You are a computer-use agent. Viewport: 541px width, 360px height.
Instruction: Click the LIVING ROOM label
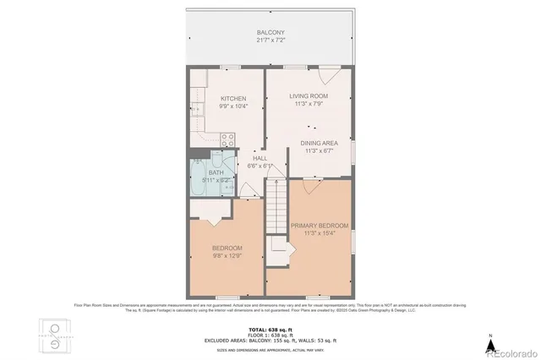tap(308, 96)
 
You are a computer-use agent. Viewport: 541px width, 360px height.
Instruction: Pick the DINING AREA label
tap(319, 143)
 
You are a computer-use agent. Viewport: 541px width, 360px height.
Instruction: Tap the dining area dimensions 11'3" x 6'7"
tap(319, 152)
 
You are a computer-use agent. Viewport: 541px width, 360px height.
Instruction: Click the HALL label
tap(260, 158)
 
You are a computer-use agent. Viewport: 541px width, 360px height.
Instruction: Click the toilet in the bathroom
tap(218, 163)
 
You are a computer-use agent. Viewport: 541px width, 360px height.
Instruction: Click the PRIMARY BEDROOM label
tap(320, 226)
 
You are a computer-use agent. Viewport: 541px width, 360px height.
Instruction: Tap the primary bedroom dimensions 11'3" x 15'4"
tap(320, 235)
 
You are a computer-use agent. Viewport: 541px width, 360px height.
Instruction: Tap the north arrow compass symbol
tap(489, 343)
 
